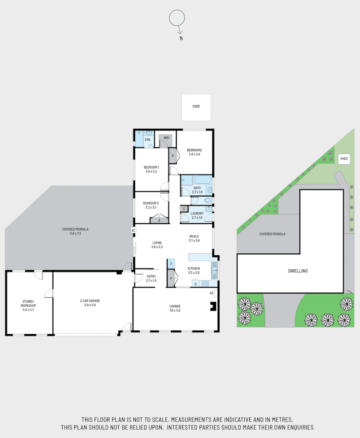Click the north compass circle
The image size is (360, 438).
pyautogui.click(x=176, y=19)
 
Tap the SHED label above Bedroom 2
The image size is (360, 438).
pyautogui.click(x=196, y=107)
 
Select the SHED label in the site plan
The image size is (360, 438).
pyautogui.click(x=344, y=158)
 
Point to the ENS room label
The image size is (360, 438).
pyautogui.click(x=148, y=140)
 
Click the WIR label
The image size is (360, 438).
pyautogui.click(x=166, y=138)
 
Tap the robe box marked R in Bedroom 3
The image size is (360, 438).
pyautogui.click(x=159, y=220)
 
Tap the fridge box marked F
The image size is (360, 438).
pyautogui.click(x=171, y=264)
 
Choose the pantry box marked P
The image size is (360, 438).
pyautogui.click(x=171, y=278)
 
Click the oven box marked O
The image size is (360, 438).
pyautogui.click(x=196, y=284)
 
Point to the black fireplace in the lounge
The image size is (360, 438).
pyautogui.click(x=213, y=306)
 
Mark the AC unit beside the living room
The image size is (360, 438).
pyautogui.click(x=133, y=230)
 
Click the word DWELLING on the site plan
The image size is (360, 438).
pyautogui.click(x=297, y=271)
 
